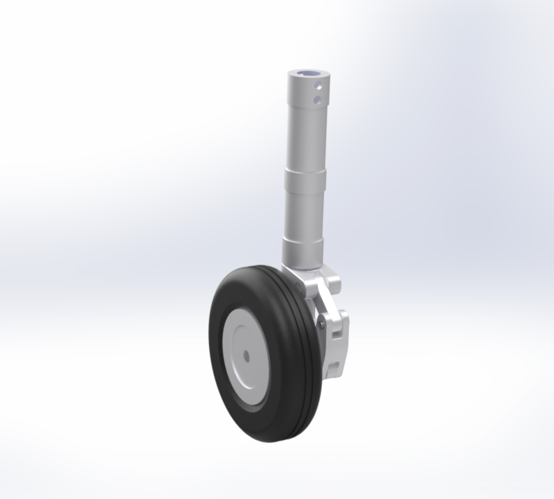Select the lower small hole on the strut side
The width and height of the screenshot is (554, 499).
pos(317,100)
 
